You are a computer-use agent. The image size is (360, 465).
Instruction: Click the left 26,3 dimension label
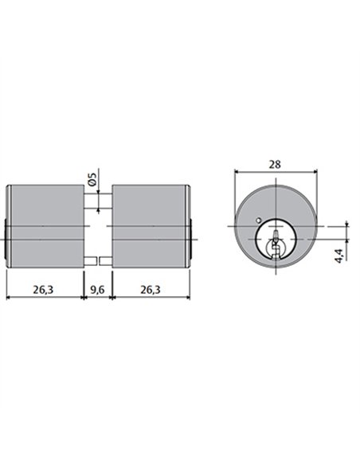pyautogui.click(x=43, y=290)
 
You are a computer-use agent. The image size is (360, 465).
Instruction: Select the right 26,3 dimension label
pyautogui.click(x=151, y=290)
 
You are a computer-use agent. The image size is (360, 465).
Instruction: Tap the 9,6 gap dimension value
pyautogui.click(x=97, y=290)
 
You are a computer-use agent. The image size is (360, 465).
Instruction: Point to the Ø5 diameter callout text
pyautogui.click(x=92, y=179)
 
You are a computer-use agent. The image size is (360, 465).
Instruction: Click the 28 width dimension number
pyautogui.click(x=275, y=164)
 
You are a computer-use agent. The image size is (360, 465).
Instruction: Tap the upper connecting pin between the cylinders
pyautogui.click(x=98, y=201)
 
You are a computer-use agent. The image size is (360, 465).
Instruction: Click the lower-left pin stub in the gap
pyautogui.click(x=91, y=261)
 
